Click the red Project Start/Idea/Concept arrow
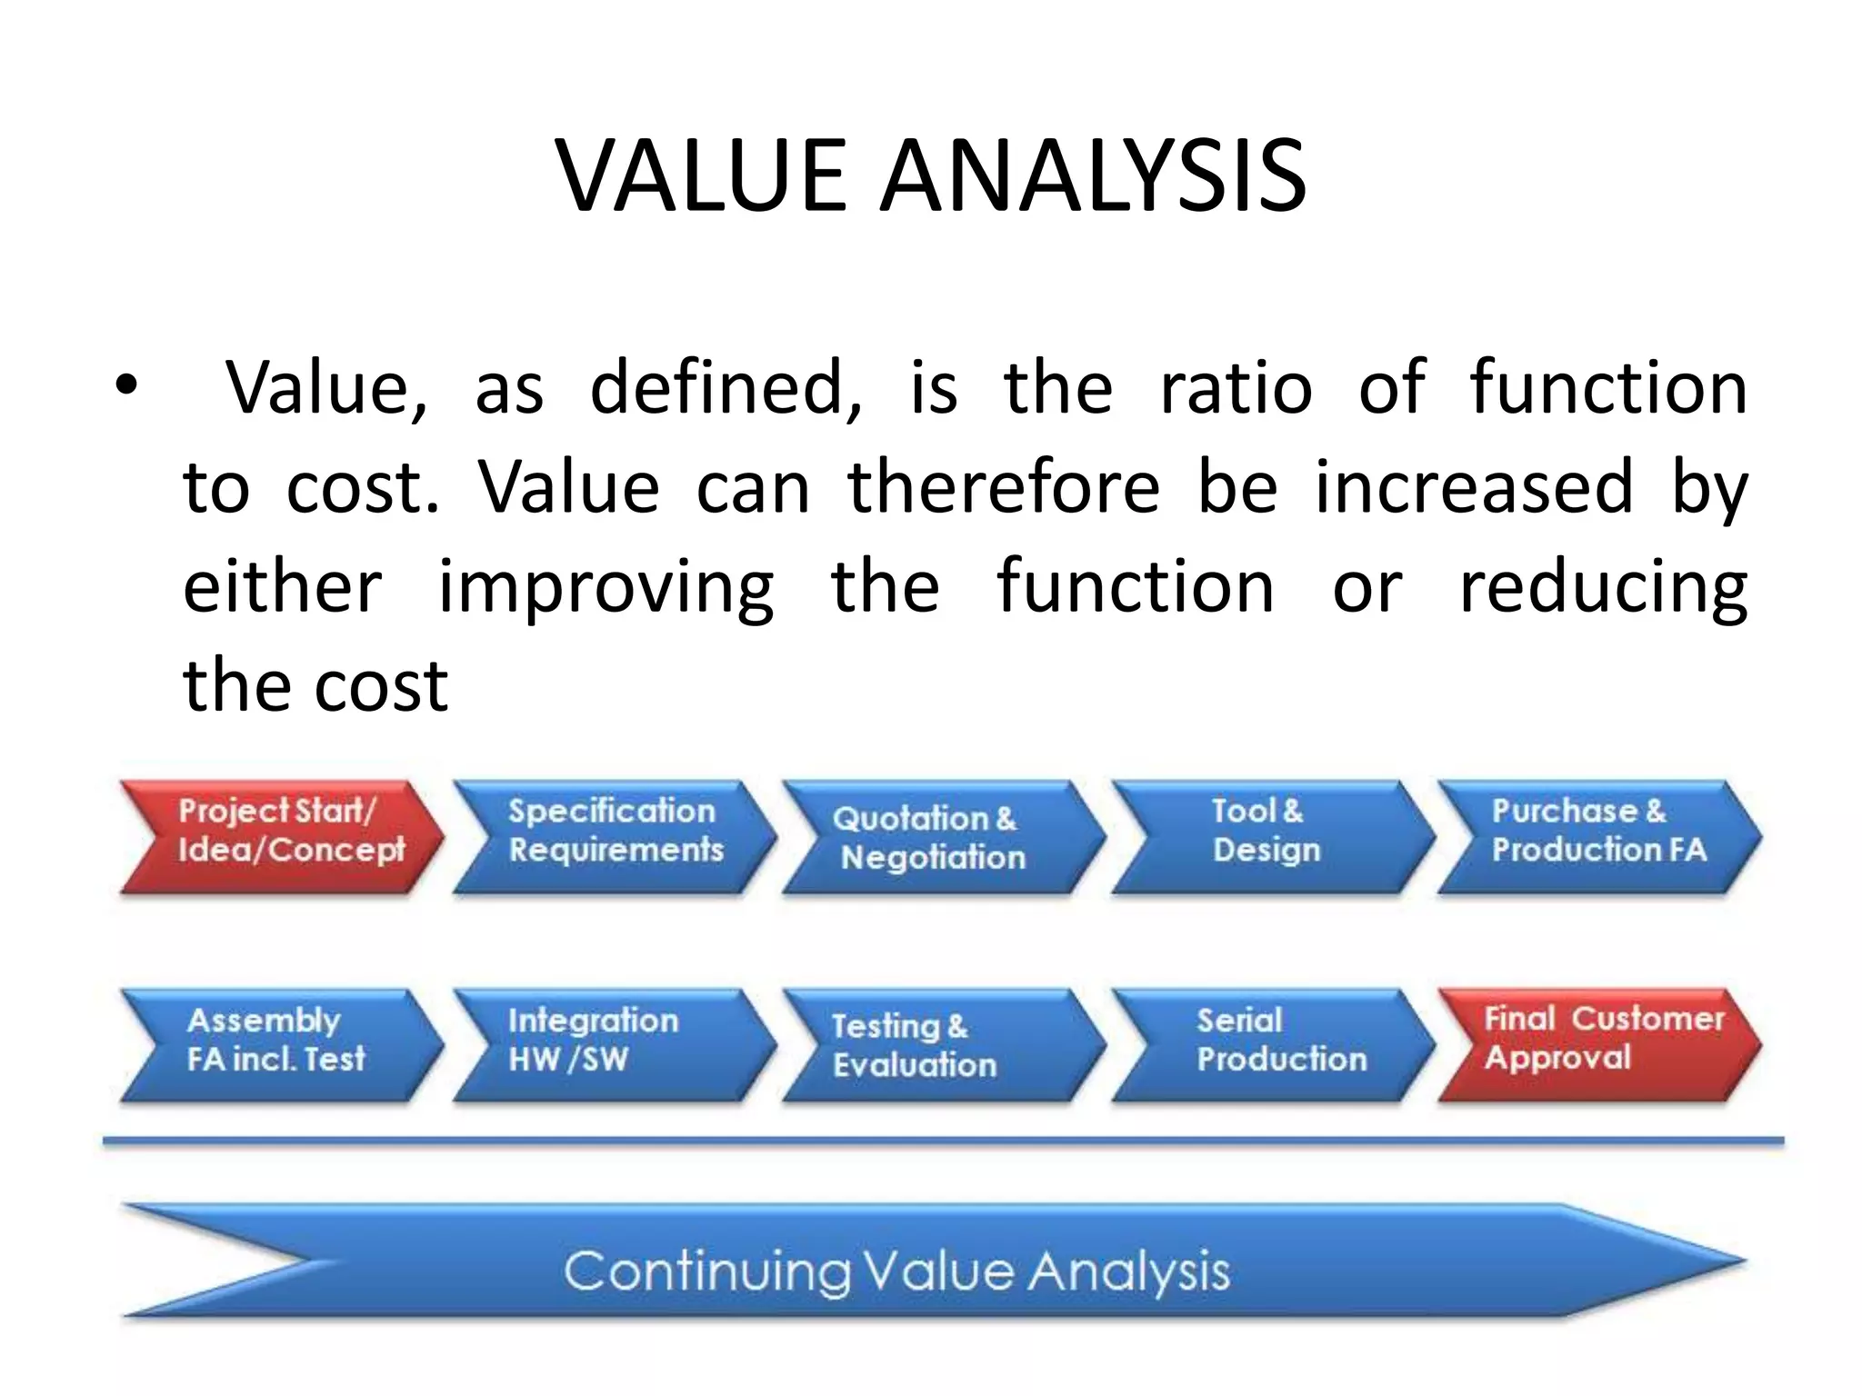[282, 837]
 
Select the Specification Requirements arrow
[615, 837]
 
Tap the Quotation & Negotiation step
[942, 837]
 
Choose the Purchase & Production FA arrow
[1598, 837]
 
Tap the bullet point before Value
[126, 387]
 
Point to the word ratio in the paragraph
[1236, 387]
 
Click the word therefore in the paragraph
[1004, 487]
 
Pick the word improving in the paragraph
[606, 588]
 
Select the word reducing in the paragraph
[1603, 588]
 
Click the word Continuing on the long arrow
[706, 1271]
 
